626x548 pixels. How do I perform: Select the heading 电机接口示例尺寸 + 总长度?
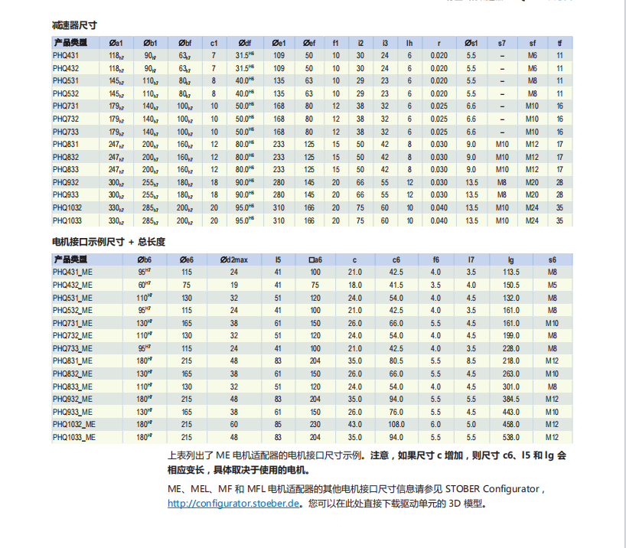click(108, 242)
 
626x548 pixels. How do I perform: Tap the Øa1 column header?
click(116, 43)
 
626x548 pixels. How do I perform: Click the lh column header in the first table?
click(409, 43)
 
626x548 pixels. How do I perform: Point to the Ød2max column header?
click(233, 259)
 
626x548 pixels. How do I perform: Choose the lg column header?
click(511, 259)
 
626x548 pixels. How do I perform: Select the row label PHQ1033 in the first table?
click(68, 220)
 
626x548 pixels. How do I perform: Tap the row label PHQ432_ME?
click(73, 285)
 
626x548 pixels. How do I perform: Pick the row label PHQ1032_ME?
click(74, 424)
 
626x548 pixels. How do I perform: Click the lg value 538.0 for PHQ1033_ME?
click(511, 437)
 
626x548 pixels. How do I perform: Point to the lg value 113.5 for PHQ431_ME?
click(511, 272)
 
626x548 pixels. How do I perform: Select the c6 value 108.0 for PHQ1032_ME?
click(396, 424)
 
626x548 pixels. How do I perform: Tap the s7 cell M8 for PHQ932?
click(502, 182)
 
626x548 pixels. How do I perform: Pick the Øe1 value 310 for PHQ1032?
click(279, 207)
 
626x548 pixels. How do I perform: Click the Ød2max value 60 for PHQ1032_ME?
click(233, 424)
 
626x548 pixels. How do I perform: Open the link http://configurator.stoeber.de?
click(233, 504)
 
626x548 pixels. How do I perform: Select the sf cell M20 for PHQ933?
click(533, 195)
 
